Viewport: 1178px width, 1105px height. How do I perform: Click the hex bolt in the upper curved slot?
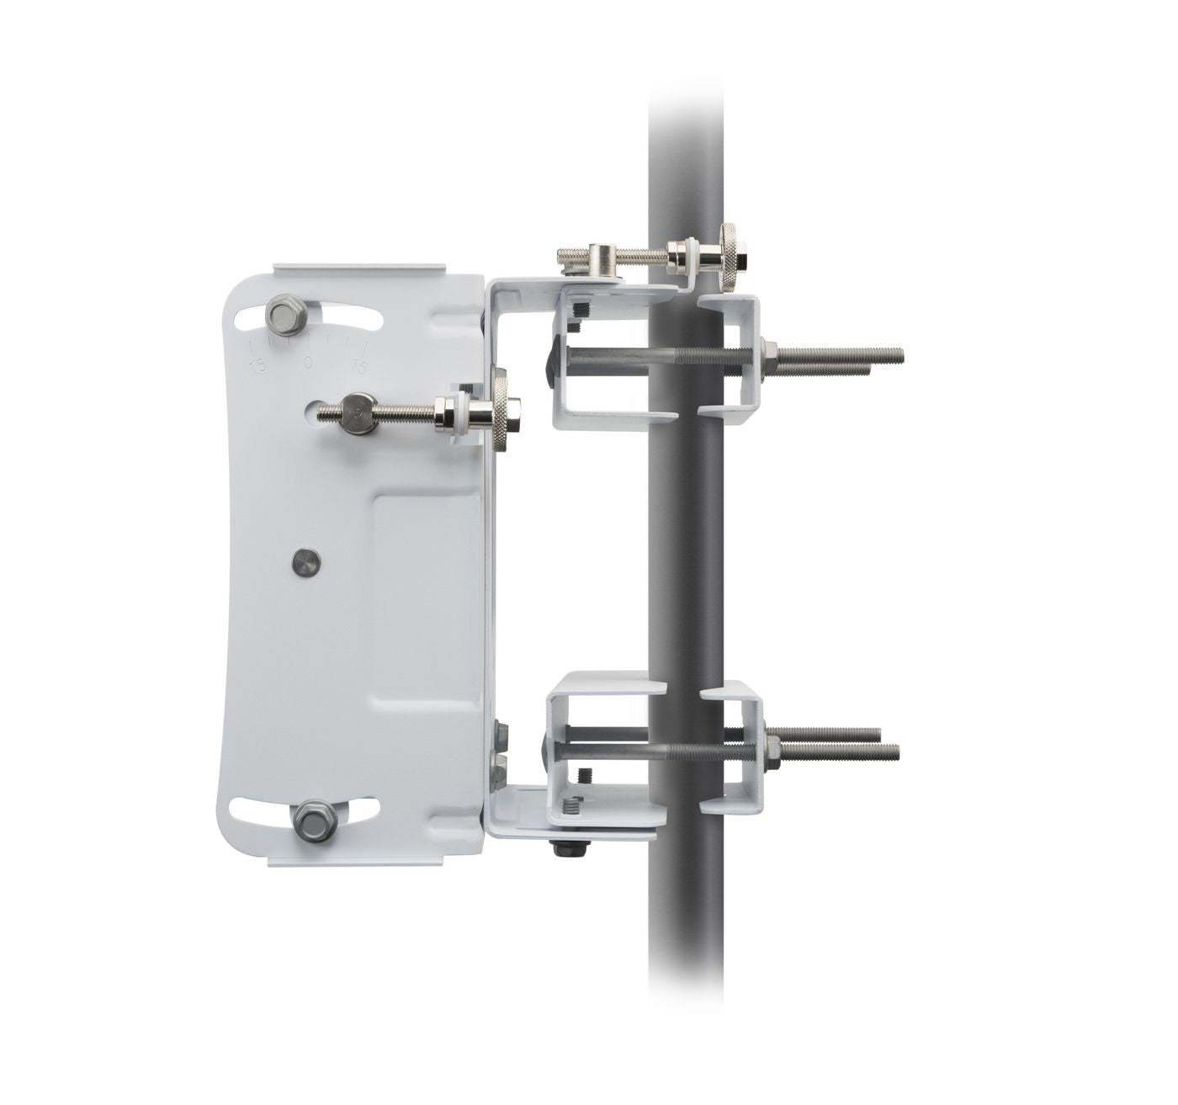285,315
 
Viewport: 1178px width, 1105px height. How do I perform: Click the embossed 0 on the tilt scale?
308,362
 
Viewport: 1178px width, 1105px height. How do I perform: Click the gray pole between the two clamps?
686,547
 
